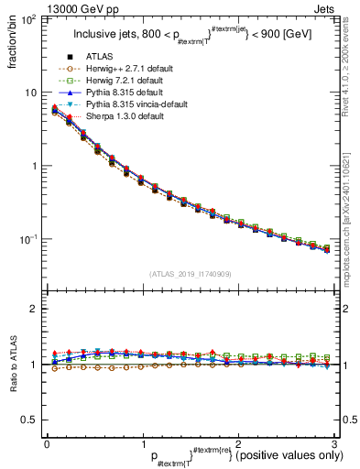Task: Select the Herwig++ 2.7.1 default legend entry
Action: [x=127, y=69]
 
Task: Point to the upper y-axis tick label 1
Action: [x=34, y=167]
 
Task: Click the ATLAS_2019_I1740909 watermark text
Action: [x=190, y=274]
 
